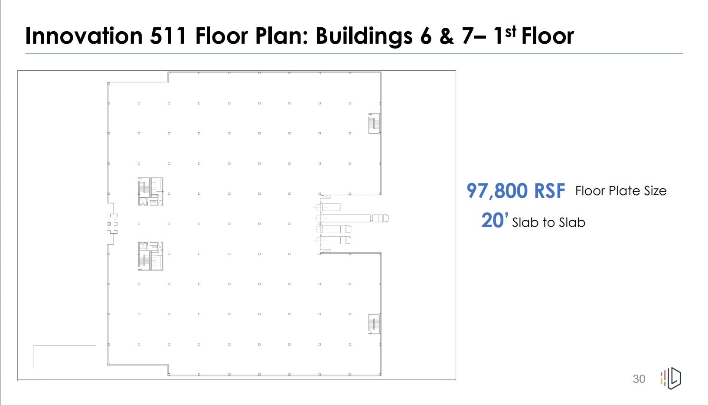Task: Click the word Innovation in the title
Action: click(x=84, y=36)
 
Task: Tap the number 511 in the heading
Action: click(x=168, y=36)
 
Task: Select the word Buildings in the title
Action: click(x=364, y=36)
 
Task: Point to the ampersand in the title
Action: click(x=446, y=36)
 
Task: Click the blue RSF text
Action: click(x=550, y=191)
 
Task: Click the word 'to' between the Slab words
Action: click(x=548, y=222)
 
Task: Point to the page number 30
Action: click(x=639, y=379)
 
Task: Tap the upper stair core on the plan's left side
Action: click(x=150, y=191)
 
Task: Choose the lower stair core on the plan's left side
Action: click(x=150, y=256)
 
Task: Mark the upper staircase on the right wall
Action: click(x=374, y=124)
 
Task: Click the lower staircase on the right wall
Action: click(x=374, y=324)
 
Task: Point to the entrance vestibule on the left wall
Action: click(x=112, y=224)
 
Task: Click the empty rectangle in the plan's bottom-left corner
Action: click(x=65, y=356)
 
